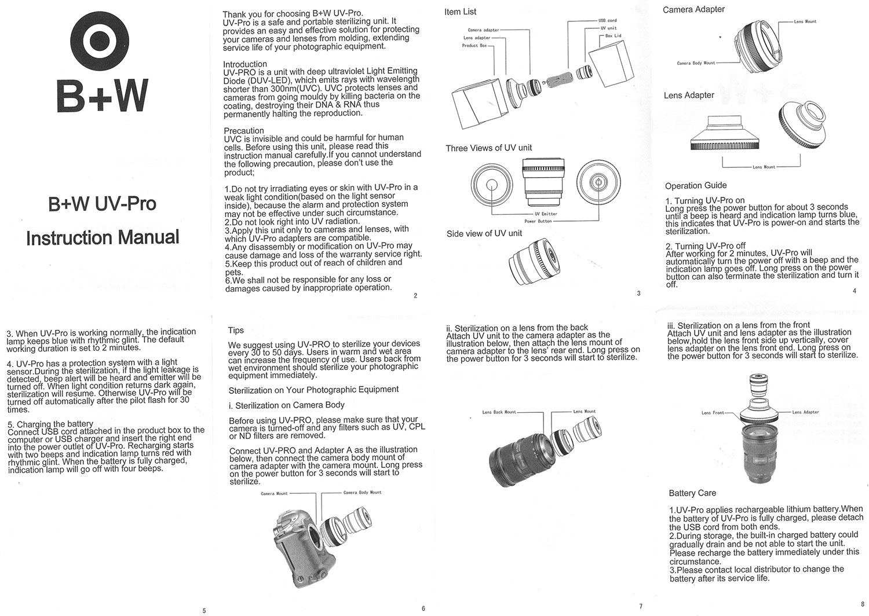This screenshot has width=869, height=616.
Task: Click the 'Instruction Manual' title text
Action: (x=103, y=237)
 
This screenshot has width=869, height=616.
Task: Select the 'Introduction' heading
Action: (x=245, y=64)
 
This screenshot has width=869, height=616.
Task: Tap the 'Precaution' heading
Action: (x=244, y=131)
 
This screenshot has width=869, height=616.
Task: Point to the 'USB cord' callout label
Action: (x=607, y=20)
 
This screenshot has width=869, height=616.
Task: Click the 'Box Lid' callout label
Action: (x=613, y=35)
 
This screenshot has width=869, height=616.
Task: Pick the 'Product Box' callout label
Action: (x=474, y=45)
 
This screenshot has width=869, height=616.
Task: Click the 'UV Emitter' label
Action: (x=546, y=214)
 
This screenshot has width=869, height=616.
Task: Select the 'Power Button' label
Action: (x=538, y=221)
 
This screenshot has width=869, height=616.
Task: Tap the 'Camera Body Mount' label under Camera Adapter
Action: (x=696, y=63)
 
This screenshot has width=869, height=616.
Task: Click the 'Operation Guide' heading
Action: (x=696, y=186)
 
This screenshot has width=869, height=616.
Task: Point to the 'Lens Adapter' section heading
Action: (x=689, y=96)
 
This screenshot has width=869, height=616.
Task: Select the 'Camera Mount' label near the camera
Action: (x=274, y=494)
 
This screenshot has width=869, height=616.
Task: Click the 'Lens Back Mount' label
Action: (x=499, y=412)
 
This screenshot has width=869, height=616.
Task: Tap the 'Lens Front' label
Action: (x=713, y=413)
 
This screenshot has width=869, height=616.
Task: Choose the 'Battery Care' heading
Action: (x=692, y=493)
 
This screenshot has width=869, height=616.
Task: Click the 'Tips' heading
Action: (x=236, y=331)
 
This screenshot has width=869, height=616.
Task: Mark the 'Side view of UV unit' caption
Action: (x=484, y=233)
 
